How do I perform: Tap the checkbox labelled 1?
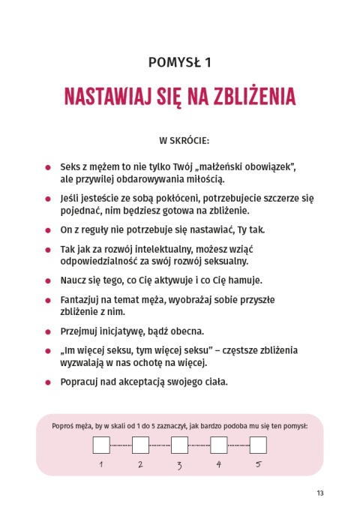[100, 445]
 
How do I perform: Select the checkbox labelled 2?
[139, 445]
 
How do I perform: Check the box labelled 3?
[179, 445]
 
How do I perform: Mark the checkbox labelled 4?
[219, 445]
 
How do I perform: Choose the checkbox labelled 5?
[258, 445]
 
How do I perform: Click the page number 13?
[319, 493]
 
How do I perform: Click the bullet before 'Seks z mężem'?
[48, 166]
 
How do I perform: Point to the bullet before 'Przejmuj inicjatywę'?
[48, 331]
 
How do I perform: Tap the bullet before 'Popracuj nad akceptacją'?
[48, 382]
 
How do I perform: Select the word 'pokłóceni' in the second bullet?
[178, 198]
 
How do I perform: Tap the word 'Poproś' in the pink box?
[65, 425]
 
